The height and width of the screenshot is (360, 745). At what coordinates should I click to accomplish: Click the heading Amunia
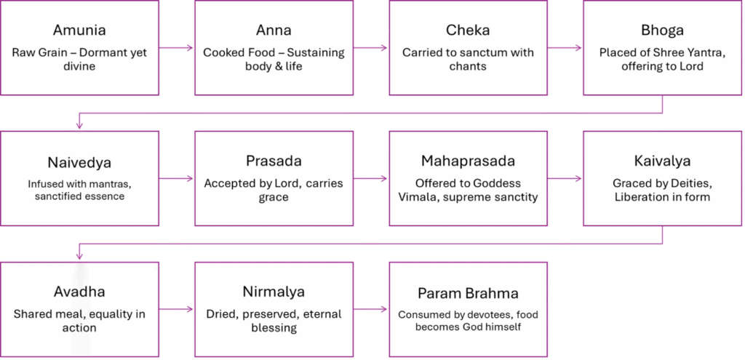click(x=79, y=31)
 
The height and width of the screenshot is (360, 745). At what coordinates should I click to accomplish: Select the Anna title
click(x=274, y=31)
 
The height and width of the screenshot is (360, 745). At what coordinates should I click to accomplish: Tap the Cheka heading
click(x=468, y=31)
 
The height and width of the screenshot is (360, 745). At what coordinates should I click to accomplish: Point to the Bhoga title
click(x=662, y=31)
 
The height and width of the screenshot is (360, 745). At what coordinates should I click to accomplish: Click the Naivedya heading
click(x=79, y=161)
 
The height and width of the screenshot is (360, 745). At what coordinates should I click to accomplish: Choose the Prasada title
click(x=274, y=161)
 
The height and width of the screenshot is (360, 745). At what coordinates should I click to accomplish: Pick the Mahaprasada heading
click(x=468, y=161)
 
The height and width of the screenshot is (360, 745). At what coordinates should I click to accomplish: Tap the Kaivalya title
click(x=662, y=161)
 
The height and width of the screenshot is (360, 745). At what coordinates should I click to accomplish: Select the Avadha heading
click(x=79, y=292)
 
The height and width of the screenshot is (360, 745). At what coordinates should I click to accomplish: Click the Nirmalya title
click(x=274, y=292)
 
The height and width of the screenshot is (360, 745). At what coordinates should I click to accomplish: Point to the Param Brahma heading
click(x=468, y=293)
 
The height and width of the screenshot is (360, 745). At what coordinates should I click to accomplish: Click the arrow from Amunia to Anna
click(x=177, y=48)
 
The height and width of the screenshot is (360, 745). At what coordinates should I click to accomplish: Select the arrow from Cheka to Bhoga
click(x=565, y=48)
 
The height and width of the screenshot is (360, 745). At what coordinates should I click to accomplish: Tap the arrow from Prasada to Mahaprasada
click(x=371, y=178)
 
